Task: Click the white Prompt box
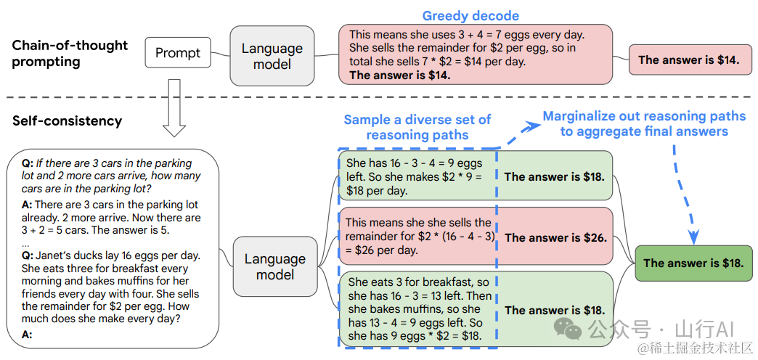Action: (178, 52)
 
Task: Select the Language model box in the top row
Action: (272, 56)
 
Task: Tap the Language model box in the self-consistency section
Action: (275, 266)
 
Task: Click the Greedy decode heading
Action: (470, 16)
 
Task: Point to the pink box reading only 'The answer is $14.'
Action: (689, 60)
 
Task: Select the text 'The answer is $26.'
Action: (555, 238)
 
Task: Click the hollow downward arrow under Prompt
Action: (174, 107)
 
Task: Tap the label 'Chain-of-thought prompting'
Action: (70, 53)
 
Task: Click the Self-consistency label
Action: (67, 120)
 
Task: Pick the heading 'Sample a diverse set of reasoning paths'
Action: (417, 126)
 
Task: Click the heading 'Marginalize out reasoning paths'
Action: (645, 116)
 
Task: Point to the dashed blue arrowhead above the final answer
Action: (693, 237)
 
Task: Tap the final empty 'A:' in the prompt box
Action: (27, 333)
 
